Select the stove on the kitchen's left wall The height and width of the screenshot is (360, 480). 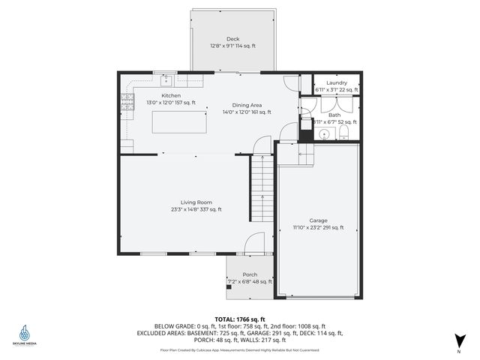click(127, 102)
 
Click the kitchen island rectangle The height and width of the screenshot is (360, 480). click(179, 121)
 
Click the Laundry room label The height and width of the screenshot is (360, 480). click(337, 82)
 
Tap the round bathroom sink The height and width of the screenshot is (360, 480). click(323, 135)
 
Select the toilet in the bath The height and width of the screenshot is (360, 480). click(343, 133)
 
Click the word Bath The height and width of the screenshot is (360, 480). click(334, 115)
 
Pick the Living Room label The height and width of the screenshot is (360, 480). click(196, 202)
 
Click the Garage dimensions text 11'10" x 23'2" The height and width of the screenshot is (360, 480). click(318, 227)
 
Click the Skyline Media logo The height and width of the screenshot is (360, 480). click(26, 334)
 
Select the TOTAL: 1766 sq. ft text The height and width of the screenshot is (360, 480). click(239, 319)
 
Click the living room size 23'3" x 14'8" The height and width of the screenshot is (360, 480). click(196, 210)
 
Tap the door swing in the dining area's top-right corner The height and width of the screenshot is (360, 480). click(291, 84)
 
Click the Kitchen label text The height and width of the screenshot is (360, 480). click(171, 96)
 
